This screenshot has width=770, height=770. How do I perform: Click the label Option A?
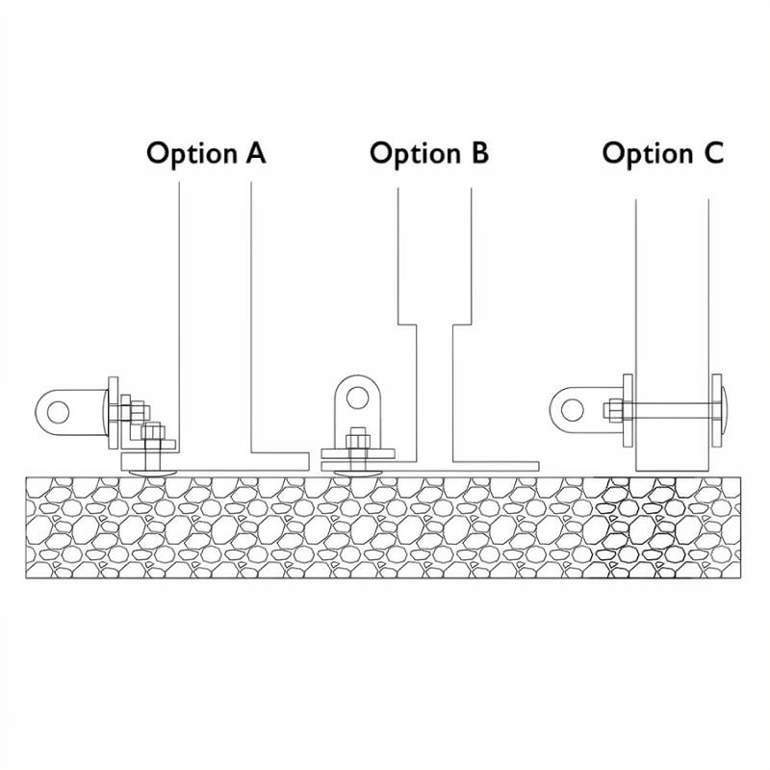206,153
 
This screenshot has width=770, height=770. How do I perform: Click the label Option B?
429,153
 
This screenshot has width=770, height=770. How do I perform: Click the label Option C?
662,153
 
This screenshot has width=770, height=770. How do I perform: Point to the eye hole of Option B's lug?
358,396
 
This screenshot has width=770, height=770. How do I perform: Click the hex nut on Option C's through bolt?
612,412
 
